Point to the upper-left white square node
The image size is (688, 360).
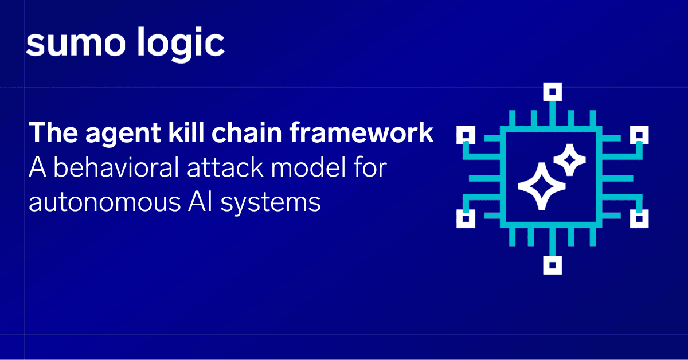[x=466, y=135]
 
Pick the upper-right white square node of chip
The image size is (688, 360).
[x=639, y=135]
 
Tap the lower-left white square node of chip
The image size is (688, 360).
[x=466, y=218]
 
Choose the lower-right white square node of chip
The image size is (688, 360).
[x=639, y=218]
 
